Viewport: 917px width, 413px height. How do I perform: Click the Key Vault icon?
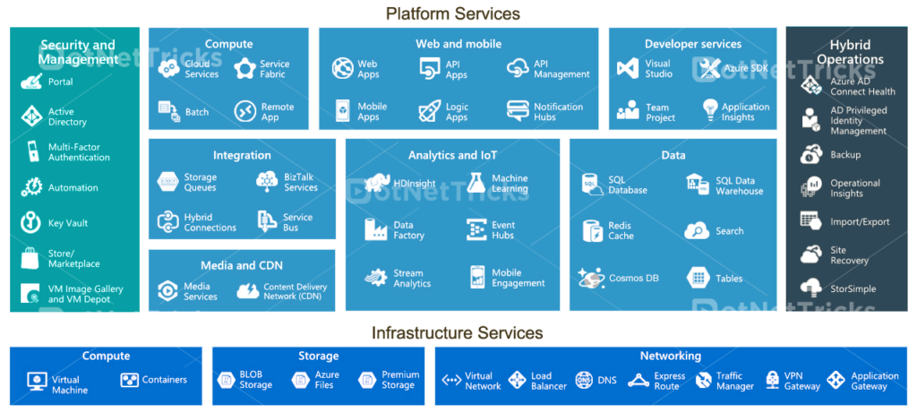tap(31, 222)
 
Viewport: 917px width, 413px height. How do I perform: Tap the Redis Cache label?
tap(621, 230)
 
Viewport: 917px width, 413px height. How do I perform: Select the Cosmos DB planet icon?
tap(591, 278)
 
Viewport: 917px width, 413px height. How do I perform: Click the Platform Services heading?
tap(452, 13)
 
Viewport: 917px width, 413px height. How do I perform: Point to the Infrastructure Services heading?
tap(457, 333)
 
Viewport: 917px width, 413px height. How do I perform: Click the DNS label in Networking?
tap(607, 381)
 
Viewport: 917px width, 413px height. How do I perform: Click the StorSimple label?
tap(853, 289)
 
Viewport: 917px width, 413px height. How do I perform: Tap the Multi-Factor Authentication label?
tap(79, 152)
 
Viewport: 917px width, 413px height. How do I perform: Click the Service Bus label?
tap(297, 222)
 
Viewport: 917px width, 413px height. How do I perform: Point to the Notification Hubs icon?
tap(518, 111)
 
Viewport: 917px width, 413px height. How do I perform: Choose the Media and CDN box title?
tap(241, 265)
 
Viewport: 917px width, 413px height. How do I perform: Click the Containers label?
tap(164, 380)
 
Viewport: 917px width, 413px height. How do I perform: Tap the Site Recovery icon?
tap(811, 254)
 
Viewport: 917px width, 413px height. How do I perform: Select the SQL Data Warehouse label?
tap(739, 185)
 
